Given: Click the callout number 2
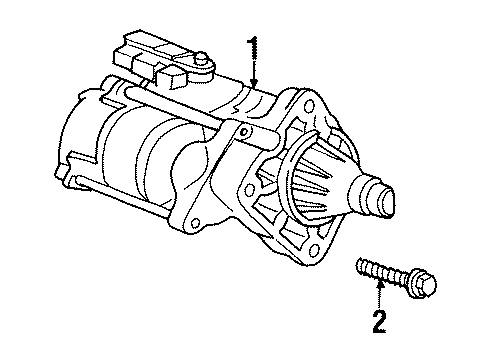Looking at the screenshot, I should pyautogui.click(x=379, y=322).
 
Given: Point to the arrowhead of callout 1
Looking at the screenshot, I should pyautogui.click(x=254, y=83).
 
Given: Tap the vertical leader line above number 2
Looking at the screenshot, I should pyautogui.click(x=379, y=298).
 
